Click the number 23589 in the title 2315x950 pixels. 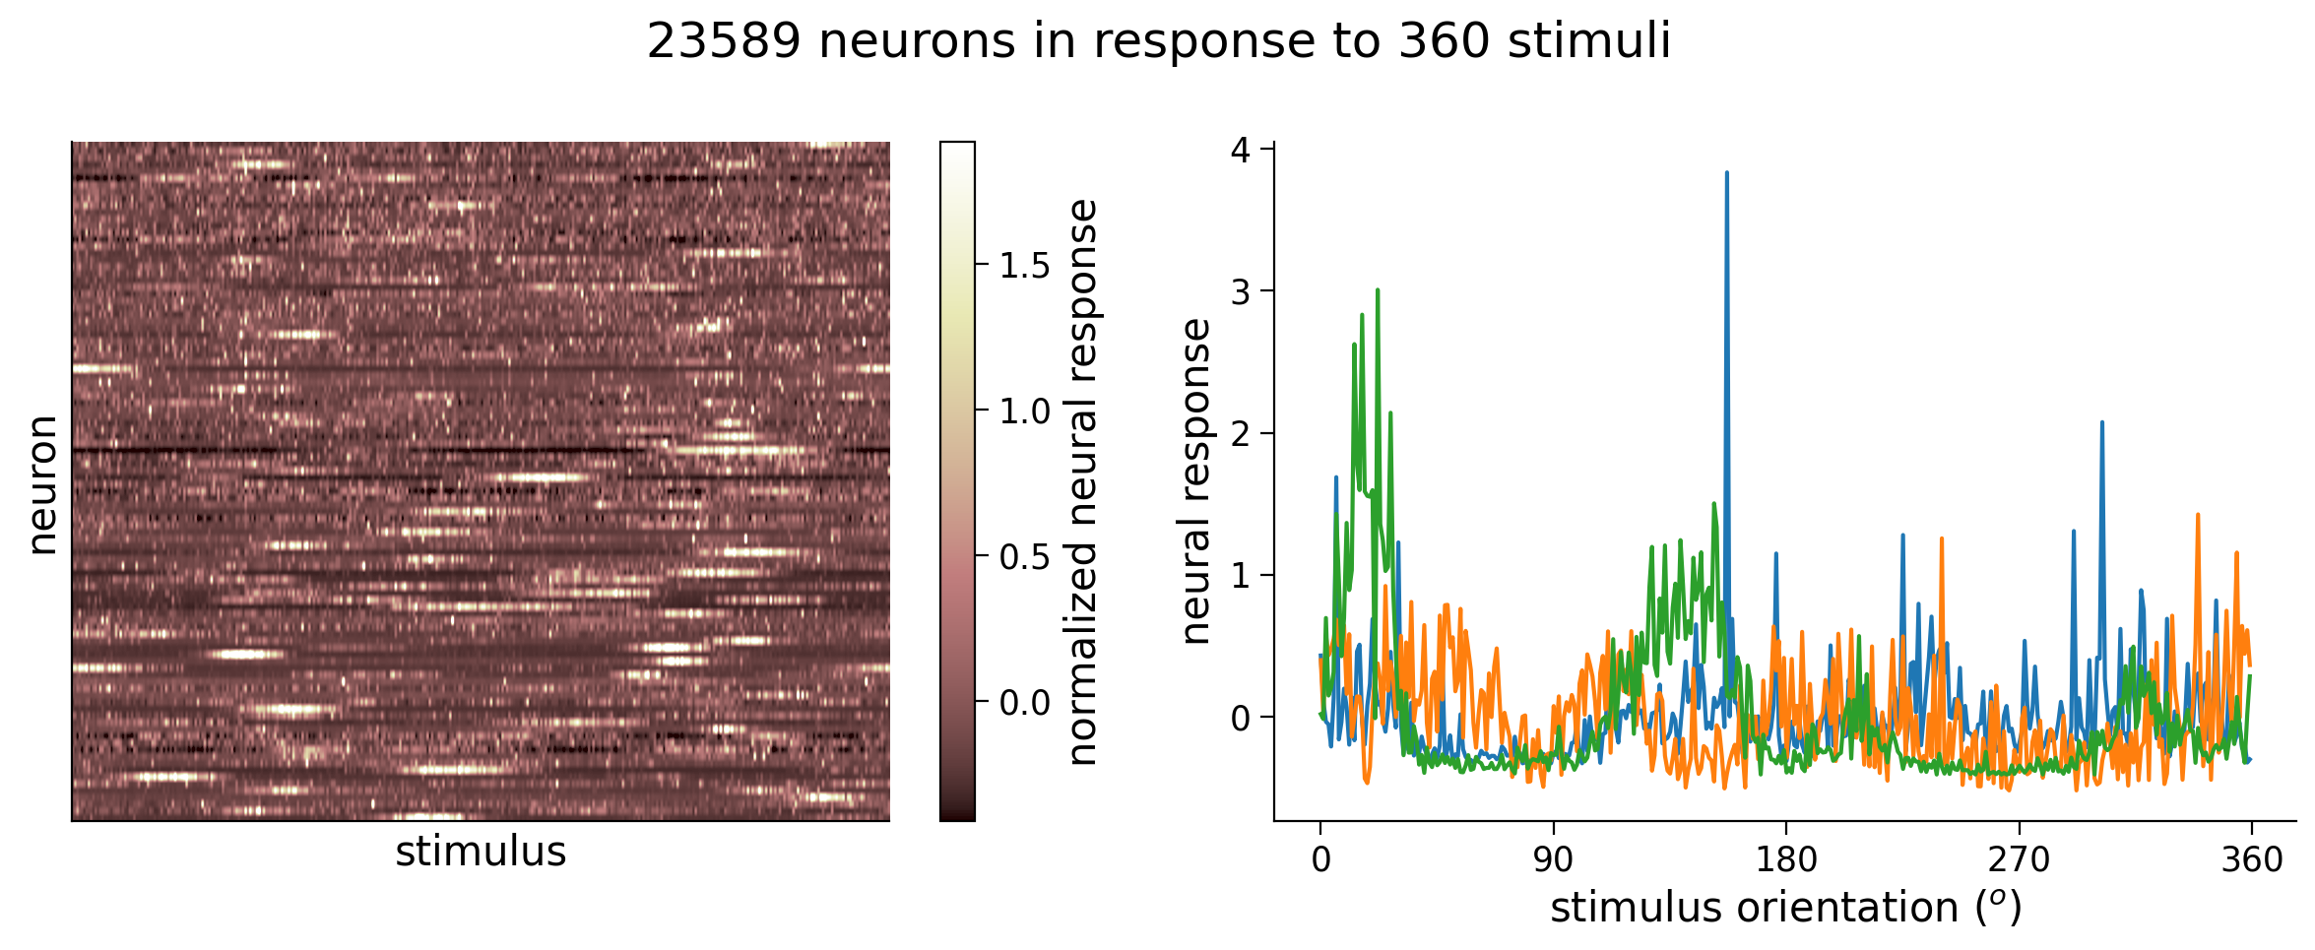point(724,42)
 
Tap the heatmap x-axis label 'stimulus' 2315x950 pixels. point(481,853)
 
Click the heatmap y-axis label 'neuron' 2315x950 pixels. point(42,484)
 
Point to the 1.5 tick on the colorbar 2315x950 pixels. point(1025,266)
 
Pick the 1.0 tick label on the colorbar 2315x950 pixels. point(1025,412)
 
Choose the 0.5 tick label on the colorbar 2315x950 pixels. point(1025,557)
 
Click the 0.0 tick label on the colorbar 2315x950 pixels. point(1025,703)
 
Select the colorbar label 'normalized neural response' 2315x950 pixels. point(1083,482)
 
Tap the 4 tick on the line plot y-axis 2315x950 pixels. point(1240,150)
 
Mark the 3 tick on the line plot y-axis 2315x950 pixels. point(1240,291)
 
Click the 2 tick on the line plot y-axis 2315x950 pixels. point(1240,433)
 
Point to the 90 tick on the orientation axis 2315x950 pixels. point(1553,860)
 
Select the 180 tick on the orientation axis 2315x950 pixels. point(1786,860)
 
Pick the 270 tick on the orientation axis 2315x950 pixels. point(2019,860)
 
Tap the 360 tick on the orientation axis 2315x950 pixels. point(2252,860)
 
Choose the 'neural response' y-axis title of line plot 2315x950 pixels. point(1196,481)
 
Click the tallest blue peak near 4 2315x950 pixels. point(1727,173)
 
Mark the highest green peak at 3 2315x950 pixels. point(1378,290)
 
